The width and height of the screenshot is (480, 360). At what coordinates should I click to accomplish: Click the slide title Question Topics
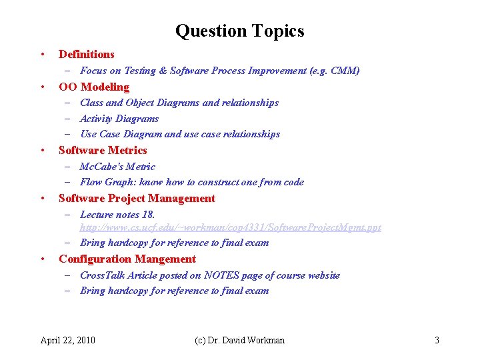click(239, 31)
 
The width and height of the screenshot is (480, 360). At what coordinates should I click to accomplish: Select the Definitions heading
click(87, 54)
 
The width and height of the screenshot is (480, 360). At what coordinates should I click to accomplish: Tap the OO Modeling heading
click(94, 87)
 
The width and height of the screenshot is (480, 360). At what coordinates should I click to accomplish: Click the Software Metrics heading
click(103, 150)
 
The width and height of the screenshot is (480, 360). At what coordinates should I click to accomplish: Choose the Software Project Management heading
click(137, 198)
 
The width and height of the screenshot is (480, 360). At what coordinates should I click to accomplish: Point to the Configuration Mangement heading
click(127, 259)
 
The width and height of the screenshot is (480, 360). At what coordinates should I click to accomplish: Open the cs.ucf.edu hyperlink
click(231, 227)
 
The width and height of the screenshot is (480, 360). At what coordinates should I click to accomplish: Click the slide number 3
click(437, 340)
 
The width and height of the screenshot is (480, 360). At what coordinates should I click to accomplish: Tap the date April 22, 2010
click(67, 340)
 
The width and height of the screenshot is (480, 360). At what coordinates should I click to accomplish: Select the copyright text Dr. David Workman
click(239, 340)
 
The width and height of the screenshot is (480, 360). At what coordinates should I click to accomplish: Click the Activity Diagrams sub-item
click(119, 119)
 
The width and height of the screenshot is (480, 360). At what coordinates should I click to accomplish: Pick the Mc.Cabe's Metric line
click(117, 167)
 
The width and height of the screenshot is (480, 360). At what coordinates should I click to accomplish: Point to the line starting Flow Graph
click(191, 182)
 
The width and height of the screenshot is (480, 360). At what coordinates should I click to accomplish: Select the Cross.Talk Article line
click(209, 275)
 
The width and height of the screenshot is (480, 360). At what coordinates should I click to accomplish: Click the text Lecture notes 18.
click(117, 215)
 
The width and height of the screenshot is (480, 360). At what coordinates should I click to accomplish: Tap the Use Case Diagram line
click(179, 134)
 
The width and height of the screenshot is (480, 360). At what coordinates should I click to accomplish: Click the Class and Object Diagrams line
click(179, 103)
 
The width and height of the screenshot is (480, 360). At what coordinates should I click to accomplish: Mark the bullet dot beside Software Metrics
click(43, 150)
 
